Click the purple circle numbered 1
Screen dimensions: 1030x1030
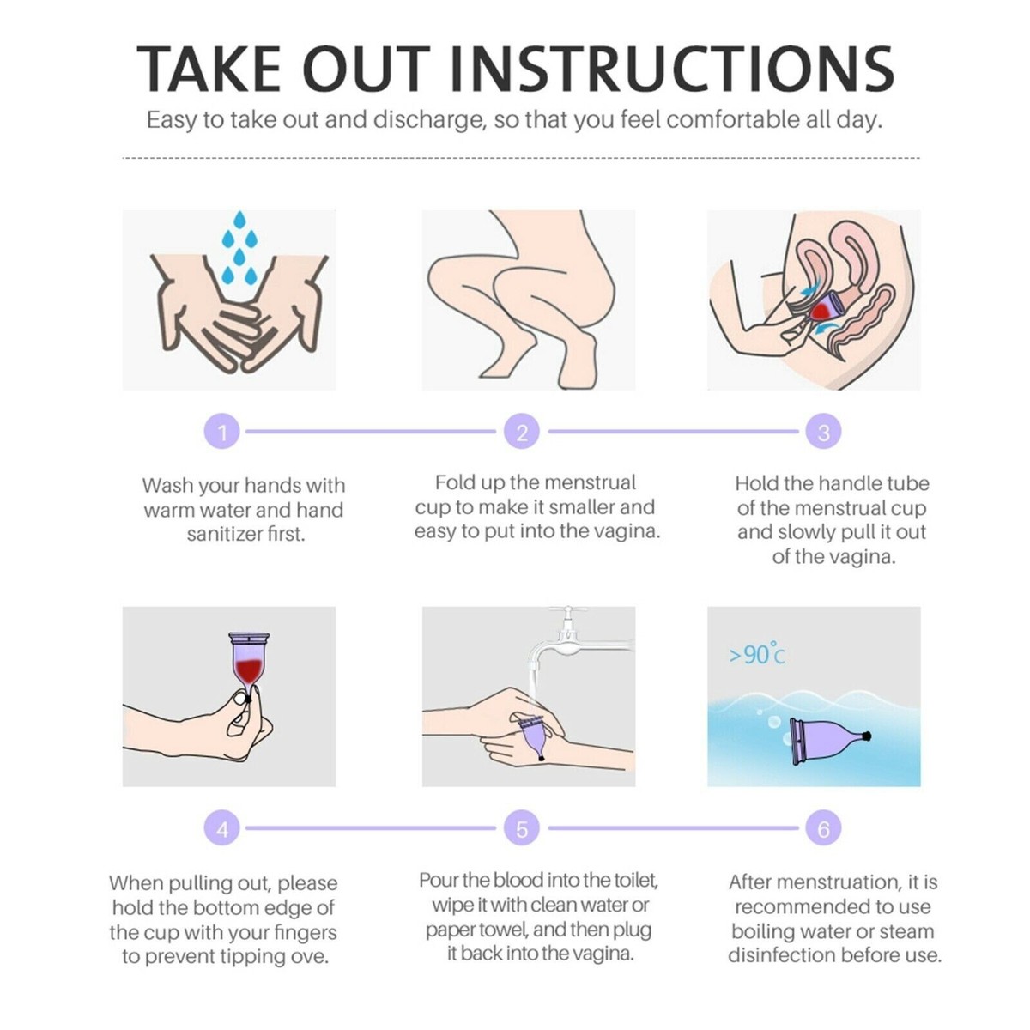[222, 432]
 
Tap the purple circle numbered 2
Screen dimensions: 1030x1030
[522, 432]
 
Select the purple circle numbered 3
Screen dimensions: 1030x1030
[824, 432]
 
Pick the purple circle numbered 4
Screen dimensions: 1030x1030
[222, 828]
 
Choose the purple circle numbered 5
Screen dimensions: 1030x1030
[522, 828]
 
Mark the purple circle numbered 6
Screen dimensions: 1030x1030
[824, 828]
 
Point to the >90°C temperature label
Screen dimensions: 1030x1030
[757, 654]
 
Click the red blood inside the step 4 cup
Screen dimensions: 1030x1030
[249, 669]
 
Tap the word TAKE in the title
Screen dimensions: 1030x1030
[209, 69]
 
